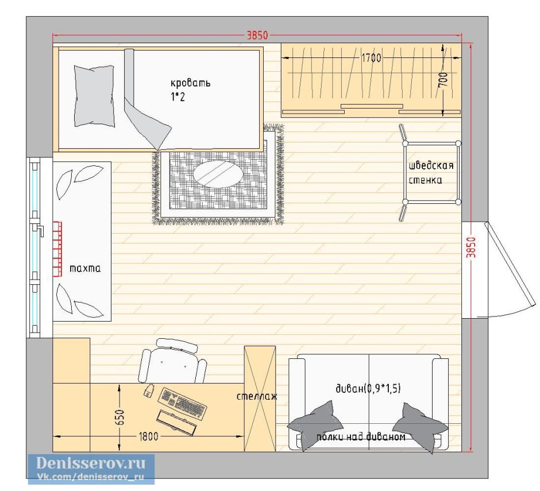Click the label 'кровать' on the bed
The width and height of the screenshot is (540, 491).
pos(191,83)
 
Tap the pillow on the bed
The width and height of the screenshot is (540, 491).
pos(94,96)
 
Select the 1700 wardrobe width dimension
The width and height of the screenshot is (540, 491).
pos(371,58)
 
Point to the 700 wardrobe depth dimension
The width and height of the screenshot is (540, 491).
pos(444,80)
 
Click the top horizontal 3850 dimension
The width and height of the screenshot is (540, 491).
pos(257,35)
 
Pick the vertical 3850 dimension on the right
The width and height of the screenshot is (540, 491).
pos(471,247)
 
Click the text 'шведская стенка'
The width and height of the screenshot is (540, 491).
pos(431,173)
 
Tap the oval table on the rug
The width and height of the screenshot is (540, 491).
pos(218,174)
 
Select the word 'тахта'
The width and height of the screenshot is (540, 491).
pos(85,268)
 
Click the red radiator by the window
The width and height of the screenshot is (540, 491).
pos(57,249)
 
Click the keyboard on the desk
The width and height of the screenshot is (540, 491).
pos(182,403)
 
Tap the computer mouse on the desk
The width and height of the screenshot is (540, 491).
pos(149,391)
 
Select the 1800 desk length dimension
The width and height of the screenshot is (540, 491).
pos(148,436)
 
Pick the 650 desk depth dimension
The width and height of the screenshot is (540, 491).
pos(120,417)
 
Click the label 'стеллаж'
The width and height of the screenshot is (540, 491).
pos(257,396)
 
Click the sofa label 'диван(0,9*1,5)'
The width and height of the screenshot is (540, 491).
pos(368,388)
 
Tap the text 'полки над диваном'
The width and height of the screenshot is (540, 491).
pos(361,437)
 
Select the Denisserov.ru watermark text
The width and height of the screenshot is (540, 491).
pos(91,463)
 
